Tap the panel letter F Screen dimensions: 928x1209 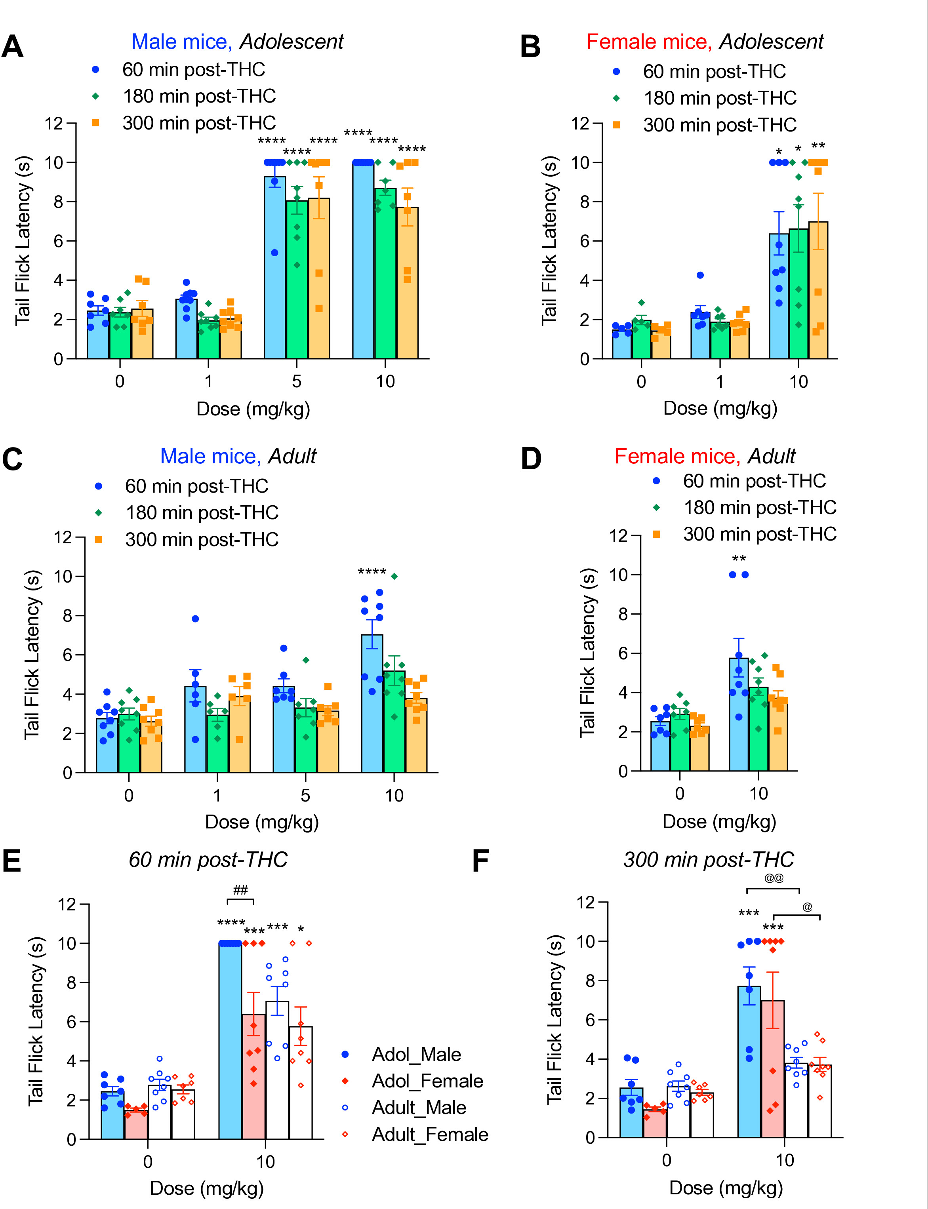[480, 861]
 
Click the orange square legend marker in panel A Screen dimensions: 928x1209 [95, 123]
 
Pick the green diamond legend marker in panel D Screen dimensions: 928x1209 [656, 507]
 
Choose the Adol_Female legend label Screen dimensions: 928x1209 [427, 1081]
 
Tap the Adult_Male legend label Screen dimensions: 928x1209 [419, 1107]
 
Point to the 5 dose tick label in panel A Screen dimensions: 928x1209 [297, 381]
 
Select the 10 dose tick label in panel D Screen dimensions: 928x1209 [758, 794]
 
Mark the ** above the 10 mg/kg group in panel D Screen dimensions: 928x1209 [739, 559]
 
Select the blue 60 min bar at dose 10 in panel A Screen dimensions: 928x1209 [363, 261]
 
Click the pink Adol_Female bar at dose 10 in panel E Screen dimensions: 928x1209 [253, 1076]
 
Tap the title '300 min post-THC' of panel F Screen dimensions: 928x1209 [709, 860]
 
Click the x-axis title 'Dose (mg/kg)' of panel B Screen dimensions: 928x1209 [720, 409]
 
